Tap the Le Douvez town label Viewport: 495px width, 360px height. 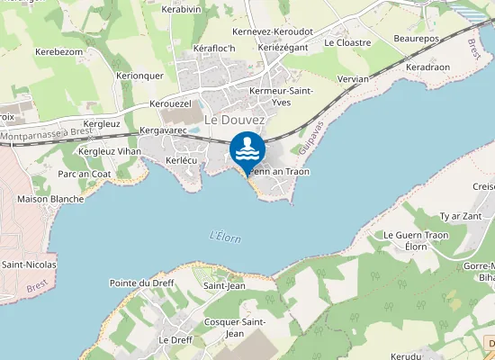click(235, 119)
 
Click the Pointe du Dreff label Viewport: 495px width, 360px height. click(141, 283)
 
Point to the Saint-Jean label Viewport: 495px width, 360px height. click(224, 286)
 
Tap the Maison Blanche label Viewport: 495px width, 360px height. click(50, 199)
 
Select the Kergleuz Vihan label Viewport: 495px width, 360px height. click(110, 151)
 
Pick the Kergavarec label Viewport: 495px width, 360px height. click(163, 130)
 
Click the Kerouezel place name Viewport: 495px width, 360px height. click(171, 103)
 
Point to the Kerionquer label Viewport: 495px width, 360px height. click(139, 76)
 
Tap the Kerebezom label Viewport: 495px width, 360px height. click(59, 52)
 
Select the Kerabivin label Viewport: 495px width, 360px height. click(180, 9)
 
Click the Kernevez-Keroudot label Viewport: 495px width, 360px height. click(272, 31)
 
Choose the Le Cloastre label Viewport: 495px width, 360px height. click(347, 41)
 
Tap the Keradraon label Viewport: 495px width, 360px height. click(427, 67)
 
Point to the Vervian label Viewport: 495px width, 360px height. click(354, 79)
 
